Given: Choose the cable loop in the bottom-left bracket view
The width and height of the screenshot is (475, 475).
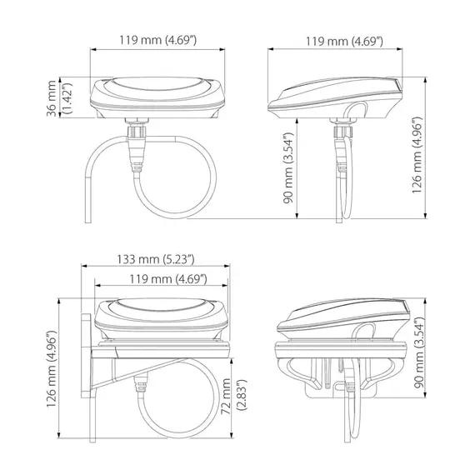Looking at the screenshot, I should (187, 404).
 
